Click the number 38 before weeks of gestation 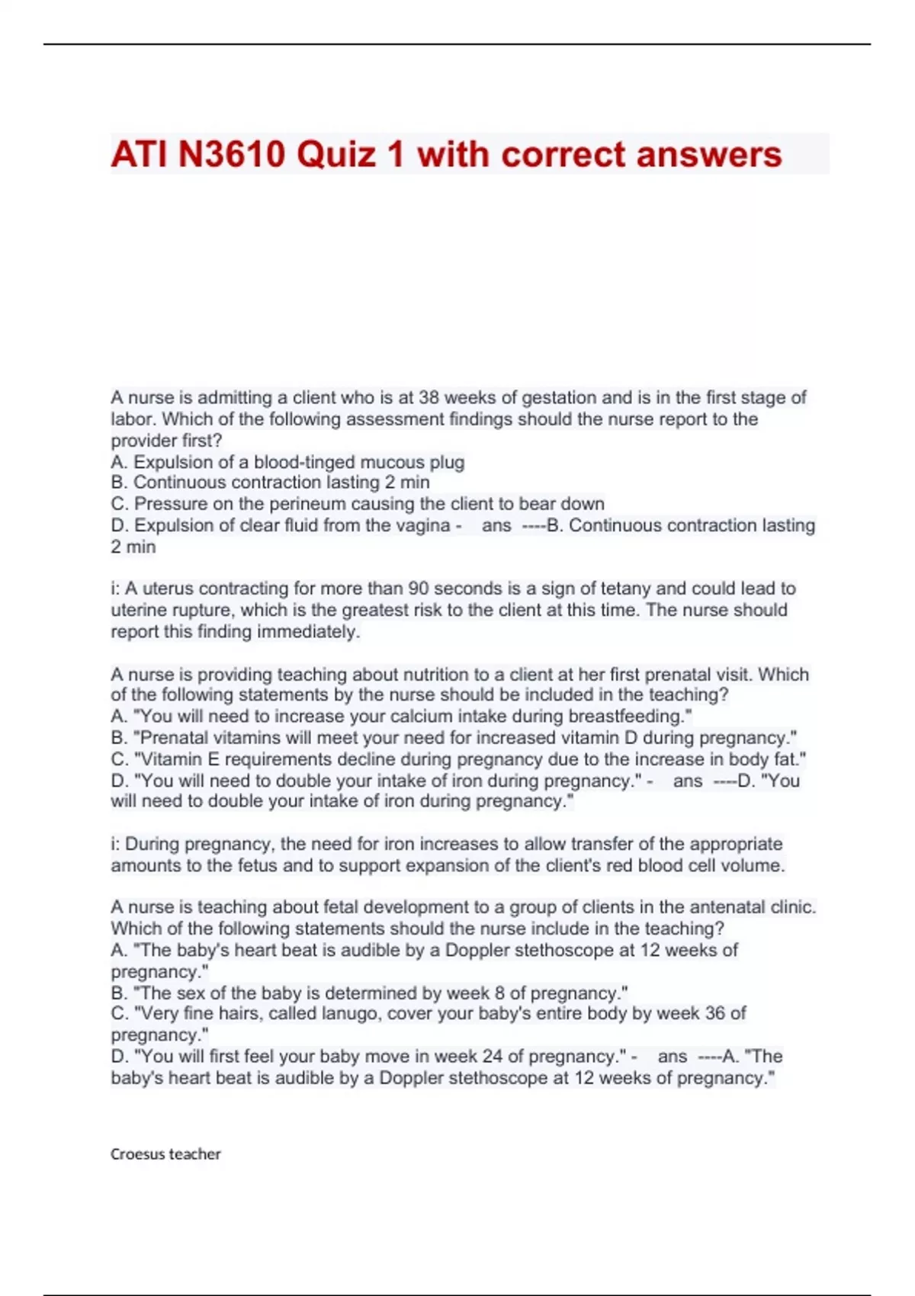(x=429, y=398)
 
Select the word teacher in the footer (x=194, y=1154)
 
